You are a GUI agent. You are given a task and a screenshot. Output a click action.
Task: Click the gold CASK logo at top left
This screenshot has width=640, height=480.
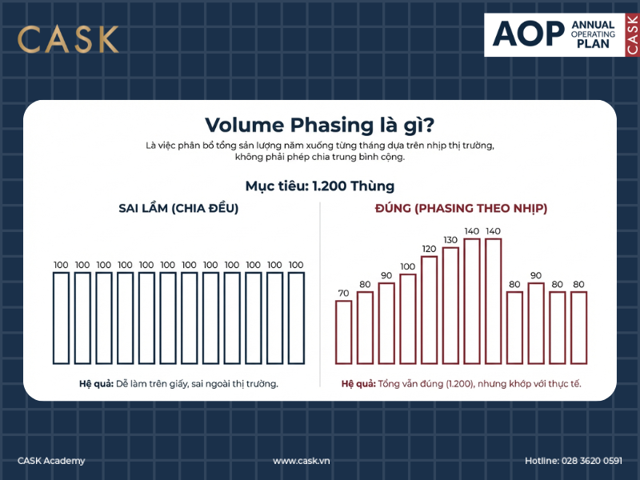pos(68,39)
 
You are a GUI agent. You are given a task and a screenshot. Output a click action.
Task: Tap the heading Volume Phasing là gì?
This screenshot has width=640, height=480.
pos(319,126)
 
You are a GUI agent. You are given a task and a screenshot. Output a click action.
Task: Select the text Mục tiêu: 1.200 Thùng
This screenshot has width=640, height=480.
pos(319,186)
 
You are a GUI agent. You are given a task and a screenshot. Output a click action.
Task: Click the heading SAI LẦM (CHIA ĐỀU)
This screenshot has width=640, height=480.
pos(178,208)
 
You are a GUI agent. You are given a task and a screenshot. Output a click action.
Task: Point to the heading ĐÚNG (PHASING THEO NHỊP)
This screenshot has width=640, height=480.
pos(461,208)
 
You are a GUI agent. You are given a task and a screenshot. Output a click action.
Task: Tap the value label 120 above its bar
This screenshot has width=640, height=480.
pos(430,249)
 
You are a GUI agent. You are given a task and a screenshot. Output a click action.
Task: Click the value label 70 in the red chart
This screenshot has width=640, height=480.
pos(344,294)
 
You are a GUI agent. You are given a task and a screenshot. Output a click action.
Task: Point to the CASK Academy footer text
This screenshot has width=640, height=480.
pos(51,461)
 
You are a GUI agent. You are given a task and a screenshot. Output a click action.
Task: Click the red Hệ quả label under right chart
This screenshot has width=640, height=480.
pos(358,384)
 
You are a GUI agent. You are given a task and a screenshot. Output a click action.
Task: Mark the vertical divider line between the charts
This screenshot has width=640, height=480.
pos(320,296)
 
